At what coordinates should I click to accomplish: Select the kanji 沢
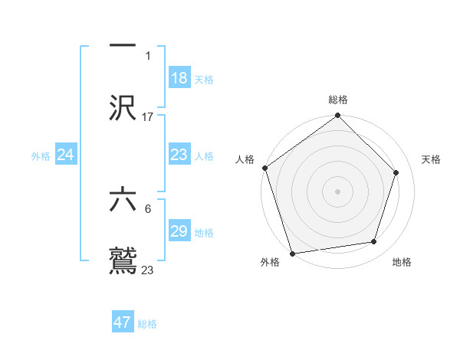point(123,108)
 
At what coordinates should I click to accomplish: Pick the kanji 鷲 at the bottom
point(123,260)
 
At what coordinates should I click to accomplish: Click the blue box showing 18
point(179,78)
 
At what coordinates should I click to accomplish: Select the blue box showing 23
point(179,155)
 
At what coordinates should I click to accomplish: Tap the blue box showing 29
point(179,231)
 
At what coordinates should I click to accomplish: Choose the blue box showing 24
point(66,155)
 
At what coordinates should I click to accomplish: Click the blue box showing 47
point(123,322)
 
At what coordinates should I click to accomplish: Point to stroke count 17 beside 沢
point(148,116)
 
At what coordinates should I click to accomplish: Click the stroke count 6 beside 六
point(148,208)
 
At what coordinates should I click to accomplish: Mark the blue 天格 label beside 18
point(204,80)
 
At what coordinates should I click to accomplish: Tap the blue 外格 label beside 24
point(41,156)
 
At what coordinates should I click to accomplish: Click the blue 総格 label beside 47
point(147,324)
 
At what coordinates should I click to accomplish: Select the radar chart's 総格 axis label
point(338,100)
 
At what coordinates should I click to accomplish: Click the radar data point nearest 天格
point(396,172)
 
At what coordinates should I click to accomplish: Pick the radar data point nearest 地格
point(374,241)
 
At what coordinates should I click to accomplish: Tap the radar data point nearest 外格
point(292,253)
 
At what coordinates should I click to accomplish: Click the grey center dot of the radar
point(338,191)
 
